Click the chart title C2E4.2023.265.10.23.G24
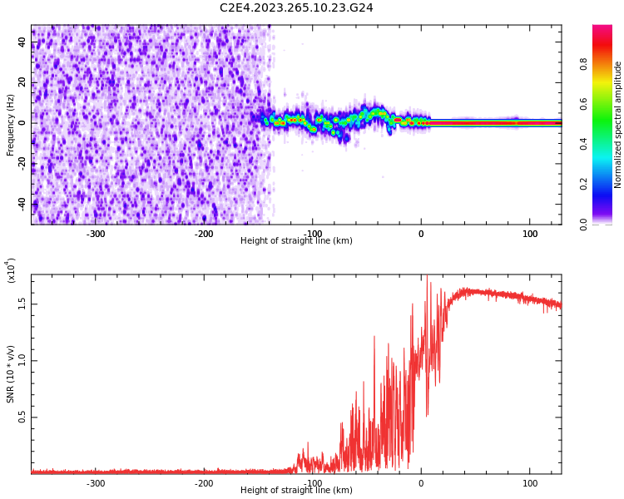(x=296, y=8)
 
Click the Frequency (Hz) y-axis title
(x=11, y=125)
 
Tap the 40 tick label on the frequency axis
(x=22, y=42)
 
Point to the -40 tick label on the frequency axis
(x=22, y=203)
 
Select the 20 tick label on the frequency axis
(x=22, y=82)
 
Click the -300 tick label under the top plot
(x=96, y=234)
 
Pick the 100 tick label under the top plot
(x=530, y=234)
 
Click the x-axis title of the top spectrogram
(x=296, y=241)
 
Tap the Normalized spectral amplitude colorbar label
(x=618, y=125)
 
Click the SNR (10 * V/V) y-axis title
(x=11, y=374)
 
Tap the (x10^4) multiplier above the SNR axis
(x=12, y=270)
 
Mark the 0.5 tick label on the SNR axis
(x=22, y=417)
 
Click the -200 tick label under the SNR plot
(x=204, y=483)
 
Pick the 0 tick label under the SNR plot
(x=421, y=483)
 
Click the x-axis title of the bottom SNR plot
(x=296, y=491)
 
